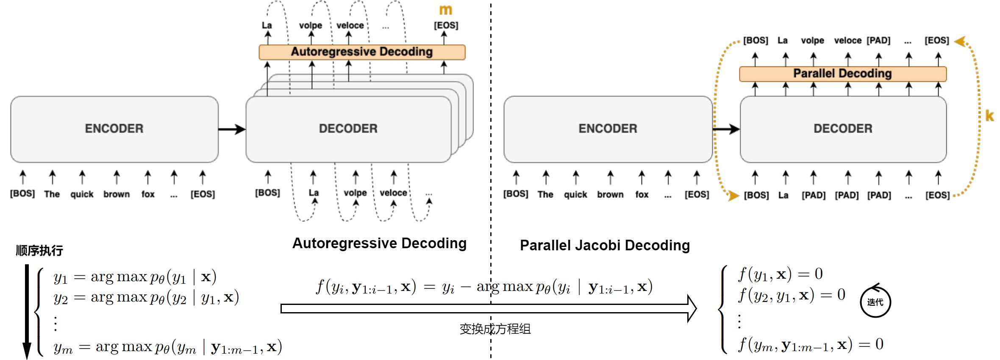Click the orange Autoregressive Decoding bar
[x=362, y=52]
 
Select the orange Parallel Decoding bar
[x=842, y=74]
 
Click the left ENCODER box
[x=114, y=129]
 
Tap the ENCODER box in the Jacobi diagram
[x=608, y=129]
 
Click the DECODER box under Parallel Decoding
[x=843, y=129]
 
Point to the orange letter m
[x=445, y=10]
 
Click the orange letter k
[x=989, y=116]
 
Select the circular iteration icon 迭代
[x=875, y=302]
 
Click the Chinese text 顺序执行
[x=39, y=250]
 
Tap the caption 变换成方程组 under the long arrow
[x=495, y=329]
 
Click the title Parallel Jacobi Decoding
[x=605, y=245]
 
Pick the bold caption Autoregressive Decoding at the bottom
[x=379, y=243]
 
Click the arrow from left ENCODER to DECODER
[x=232, y=129]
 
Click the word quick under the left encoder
[x=82, y=194]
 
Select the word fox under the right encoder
[x=642, y=194]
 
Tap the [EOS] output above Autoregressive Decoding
[x=446, y=25]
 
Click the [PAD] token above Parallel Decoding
[x=878, y=41]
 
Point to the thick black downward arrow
[x=27, y=311]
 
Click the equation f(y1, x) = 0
[x=780, y=274]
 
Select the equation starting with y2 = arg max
[x=146, y=298]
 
